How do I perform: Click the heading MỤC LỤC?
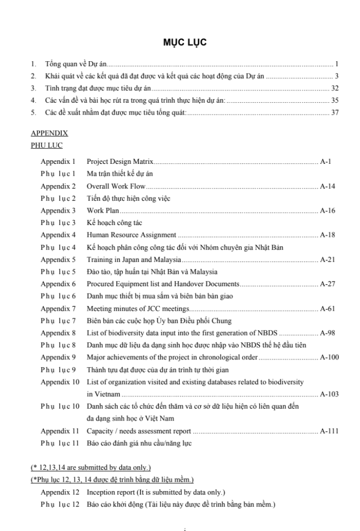[x=185, y=43]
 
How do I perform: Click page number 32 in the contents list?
[x=335, y=88]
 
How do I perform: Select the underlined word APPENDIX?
[x=49, y=133]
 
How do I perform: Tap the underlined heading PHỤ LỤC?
[x=47, y=146]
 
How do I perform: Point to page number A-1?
[x=326, y=161]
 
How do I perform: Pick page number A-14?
[x=328, y=186]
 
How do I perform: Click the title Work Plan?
[x=103, y=211]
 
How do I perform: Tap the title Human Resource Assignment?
[x=131, y=235]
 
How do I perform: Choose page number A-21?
[x=328, y=259]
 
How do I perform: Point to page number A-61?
[x=328, y=309]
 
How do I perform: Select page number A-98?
[x=328, y=333]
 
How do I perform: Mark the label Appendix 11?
[x=60, y=431]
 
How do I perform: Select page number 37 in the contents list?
[x=335, y=113]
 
